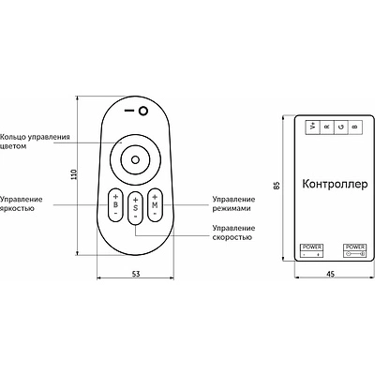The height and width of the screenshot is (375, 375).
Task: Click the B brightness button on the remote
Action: tap(115, 204)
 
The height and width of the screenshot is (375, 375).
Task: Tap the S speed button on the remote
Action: tap(135, 208)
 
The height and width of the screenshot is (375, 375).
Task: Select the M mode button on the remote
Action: tap(155, 205)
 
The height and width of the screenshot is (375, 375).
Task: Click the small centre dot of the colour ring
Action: tap(135, 160)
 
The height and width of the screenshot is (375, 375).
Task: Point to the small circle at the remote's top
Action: tap(143, 111)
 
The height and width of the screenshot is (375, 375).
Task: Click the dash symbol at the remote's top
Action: tap(129, 111)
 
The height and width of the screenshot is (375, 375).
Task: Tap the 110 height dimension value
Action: tap(74, 174)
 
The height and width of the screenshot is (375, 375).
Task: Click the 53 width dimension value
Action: tap(136, 274)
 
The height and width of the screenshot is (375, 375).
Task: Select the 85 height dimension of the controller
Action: tap(277, 186)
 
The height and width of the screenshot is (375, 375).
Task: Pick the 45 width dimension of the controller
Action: tap(330, 274)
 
